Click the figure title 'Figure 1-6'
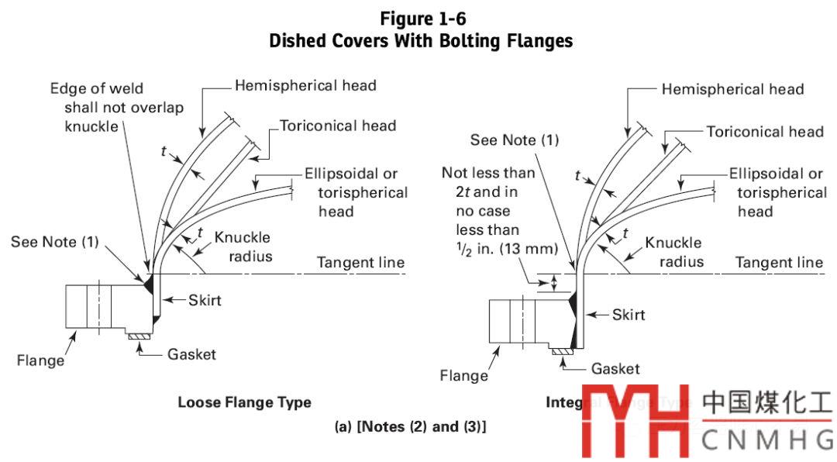tap(421, 18)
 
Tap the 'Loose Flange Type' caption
tap(244, 402)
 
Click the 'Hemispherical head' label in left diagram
tap(305, 85)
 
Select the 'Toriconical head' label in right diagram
tap(764, 132)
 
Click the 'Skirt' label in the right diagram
tap(629, 315)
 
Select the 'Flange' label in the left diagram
tap(40, 360)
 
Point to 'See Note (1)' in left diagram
tap(55, 242)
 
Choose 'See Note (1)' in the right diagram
tap(515, 140)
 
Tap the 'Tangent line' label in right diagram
tap(779, 263)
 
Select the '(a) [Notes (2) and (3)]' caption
tap(421, 426)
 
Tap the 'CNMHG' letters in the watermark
tap(768, 439)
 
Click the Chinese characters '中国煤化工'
tap(767, 404)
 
